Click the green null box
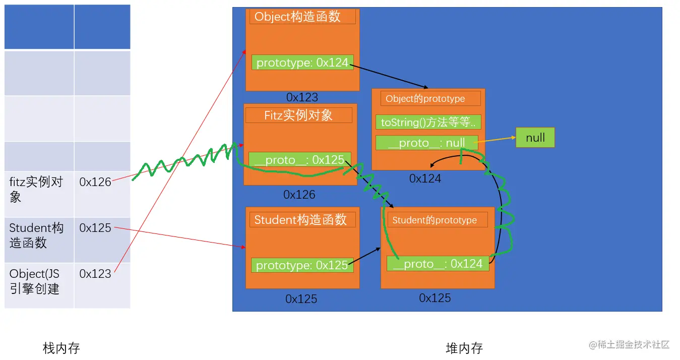pyautogui.click(x=535, y=138)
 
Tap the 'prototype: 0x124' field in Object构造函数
pyautogui.click(x=302, y=63)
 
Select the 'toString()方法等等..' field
pyautogui.click(x=428, y=123)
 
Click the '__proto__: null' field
pyautogui.click(x=426, y=143)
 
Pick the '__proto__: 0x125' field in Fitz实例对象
pyautogui.click(x=299, y=160)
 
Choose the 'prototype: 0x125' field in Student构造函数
pyautogui.click(x=302, y=265)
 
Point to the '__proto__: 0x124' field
pyautogui.click(x=438, y=264)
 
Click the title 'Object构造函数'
pyautogui.click(x=302, y=17)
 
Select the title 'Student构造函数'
pyautogui.click(x=300, y=220)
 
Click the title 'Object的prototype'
pyautogui.click(x=430, y=99)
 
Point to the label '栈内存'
pyautogui.click(x=61, y=348)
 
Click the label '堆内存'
pyautogui.click(x=464, y=348)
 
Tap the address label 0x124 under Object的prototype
pyautogui.click(x=425, y=178)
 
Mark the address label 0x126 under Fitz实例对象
pyautogui.click(x=299, y=195)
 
